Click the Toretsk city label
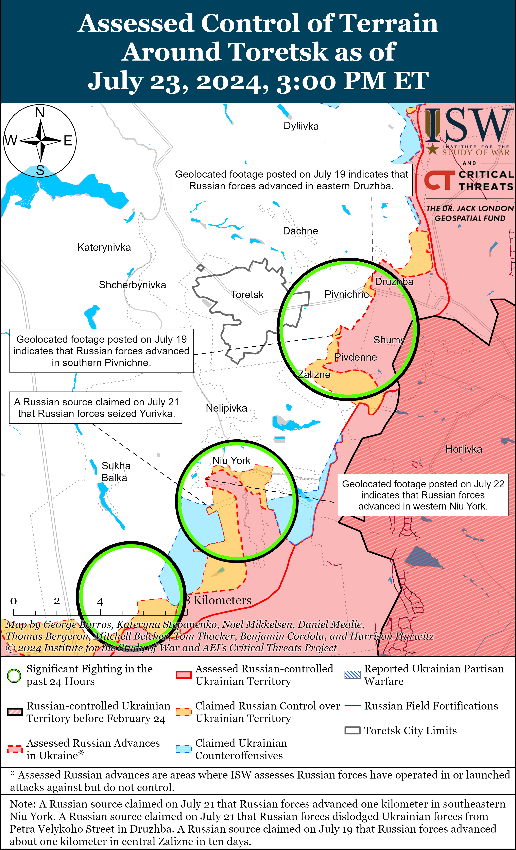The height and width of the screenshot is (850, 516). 247,295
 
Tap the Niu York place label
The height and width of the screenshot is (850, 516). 231,460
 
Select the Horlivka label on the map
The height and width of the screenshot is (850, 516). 464,449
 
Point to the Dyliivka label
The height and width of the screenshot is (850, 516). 301,126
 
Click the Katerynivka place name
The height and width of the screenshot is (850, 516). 104,247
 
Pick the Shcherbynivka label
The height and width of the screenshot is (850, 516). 132,285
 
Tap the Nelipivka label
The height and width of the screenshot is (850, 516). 226,408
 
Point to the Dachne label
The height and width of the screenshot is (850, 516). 300,231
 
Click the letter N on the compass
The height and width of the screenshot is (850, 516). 40,112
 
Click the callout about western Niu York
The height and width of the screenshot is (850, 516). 423,495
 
